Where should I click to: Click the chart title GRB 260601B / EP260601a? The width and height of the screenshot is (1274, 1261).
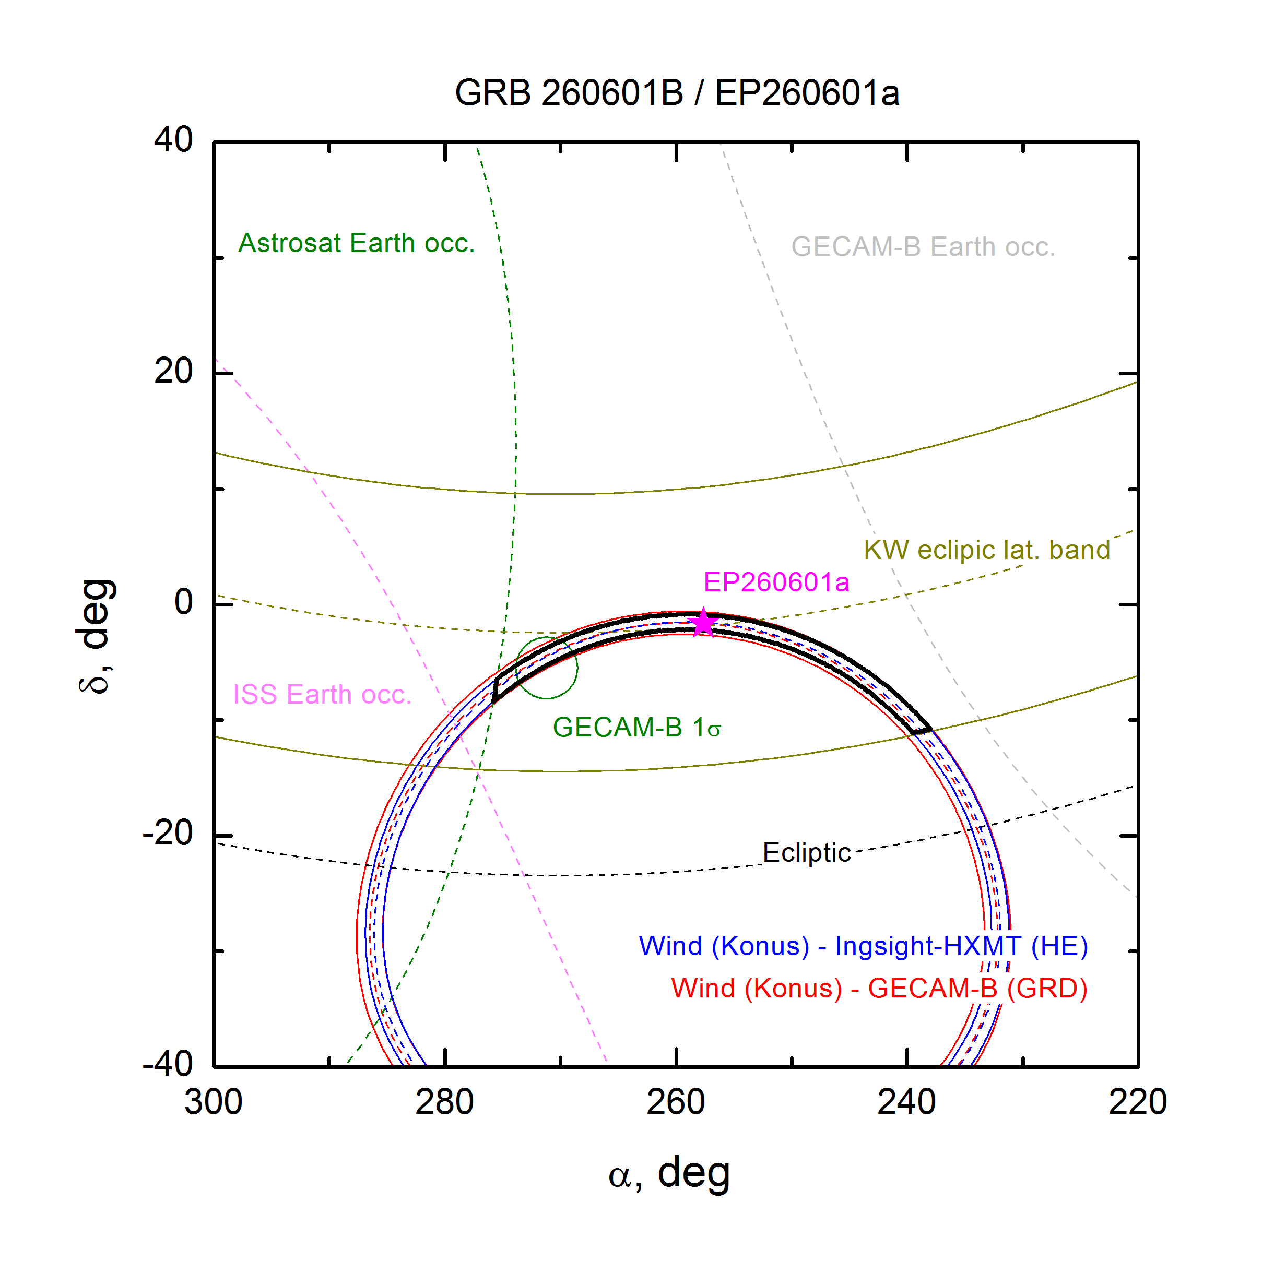click(x=677, y=92)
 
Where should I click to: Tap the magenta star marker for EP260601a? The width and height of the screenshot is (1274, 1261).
click(x=704, y=622)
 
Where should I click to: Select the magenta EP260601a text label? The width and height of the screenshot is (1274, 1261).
click(x=776, y=582)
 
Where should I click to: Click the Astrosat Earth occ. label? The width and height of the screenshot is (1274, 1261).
click(x=356, y=243)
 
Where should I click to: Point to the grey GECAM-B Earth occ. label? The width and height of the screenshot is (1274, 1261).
click(x=923, y=246)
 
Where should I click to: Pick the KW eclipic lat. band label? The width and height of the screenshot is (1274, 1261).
click(x=987, y=550)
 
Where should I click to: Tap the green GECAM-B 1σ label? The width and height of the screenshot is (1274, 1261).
click(x=636, y=727)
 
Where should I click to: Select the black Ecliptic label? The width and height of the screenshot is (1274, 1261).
click(x=807, y=852)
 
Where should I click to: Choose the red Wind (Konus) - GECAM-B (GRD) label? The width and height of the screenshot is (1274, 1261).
click(x=879, y=988)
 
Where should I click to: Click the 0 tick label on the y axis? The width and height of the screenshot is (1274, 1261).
click(x=183, y=602)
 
